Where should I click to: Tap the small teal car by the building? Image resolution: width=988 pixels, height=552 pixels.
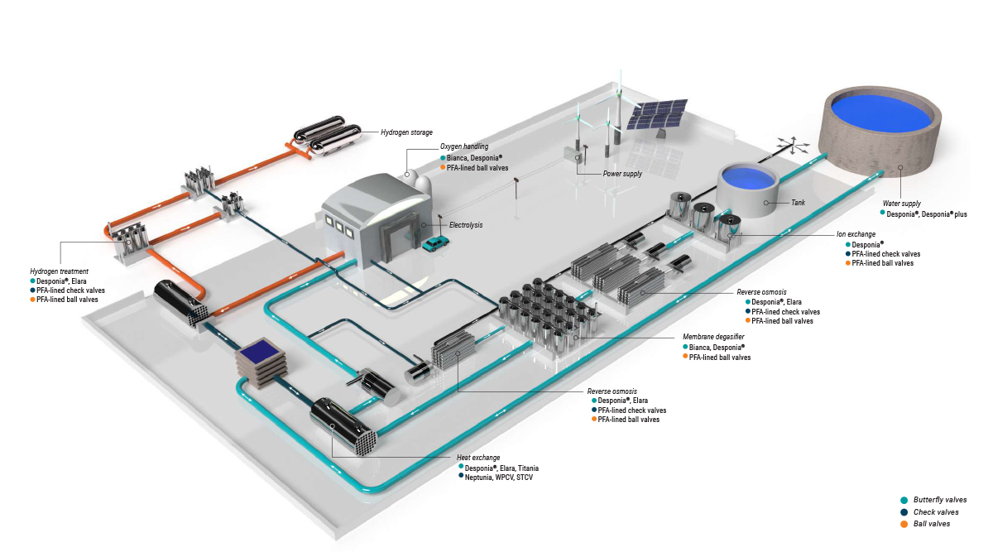pos(435,243)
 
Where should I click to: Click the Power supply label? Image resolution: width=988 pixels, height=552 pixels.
pos(622,174)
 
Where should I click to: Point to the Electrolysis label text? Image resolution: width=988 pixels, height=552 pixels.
pos(466,224)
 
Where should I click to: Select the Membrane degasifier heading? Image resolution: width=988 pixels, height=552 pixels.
pos(713,338)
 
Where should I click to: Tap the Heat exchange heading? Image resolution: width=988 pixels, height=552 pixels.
pos(477,458)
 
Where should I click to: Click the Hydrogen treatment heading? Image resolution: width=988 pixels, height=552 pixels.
pos(59,271)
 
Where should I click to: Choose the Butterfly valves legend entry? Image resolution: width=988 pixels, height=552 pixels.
pos(939,500)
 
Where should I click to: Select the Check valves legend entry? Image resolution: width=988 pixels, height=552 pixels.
pos(936,512)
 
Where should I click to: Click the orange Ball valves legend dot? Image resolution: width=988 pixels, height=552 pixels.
pos(904,524)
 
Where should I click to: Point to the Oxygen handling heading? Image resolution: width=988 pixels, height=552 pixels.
pos(464,146)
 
